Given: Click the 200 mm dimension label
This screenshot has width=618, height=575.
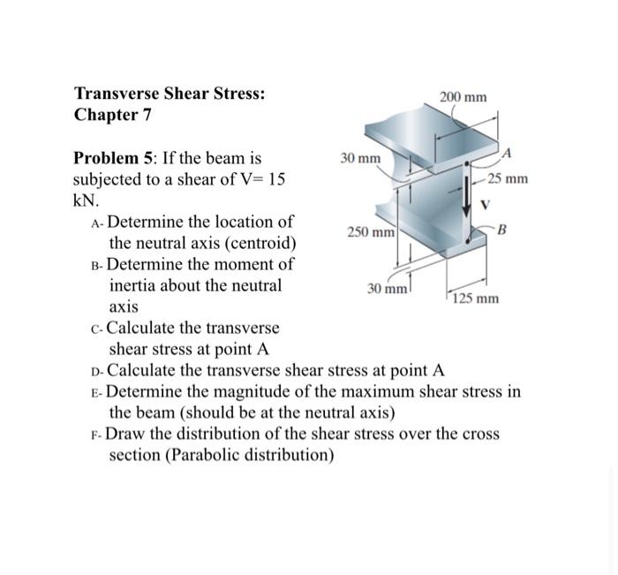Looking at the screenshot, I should (463, 95).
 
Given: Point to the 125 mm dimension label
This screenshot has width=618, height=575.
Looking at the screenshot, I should (477, 299).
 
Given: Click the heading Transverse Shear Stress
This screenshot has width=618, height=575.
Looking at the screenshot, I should (170, 94).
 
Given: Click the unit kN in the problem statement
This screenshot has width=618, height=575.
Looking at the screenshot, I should (83, 200).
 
